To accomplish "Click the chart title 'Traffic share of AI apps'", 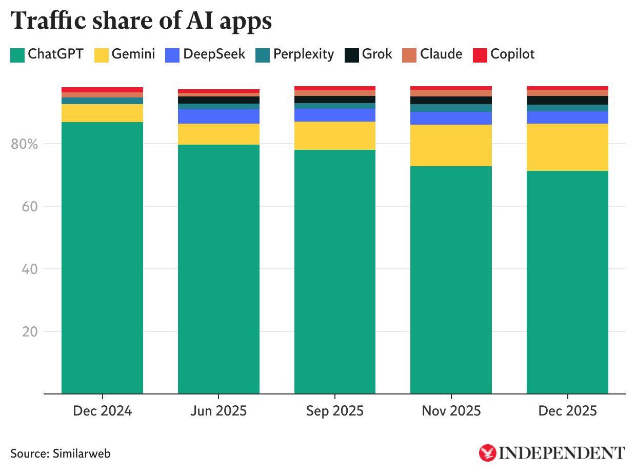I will (141, 22).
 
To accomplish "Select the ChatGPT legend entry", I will (47, 54).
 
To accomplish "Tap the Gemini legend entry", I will (125, 54).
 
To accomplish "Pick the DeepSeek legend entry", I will (205, 54).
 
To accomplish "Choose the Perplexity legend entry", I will (295, 54).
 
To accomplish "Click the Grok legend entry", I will (368, 54).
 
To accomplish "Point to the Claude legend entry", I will (432, 54).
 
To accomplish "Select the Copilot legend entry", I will (504, 54).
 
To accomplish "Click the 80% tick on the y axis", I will (24, 144).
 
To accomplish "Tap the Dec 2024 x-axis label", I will (102, 411).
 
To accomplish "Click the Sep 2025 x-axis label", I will (334, 411).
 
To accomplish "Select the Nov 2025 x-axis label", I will (451, 411).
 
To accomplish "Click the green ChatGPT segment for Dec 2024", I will (102, 256).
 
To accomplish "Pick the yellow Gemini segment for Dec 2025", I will (567, 147).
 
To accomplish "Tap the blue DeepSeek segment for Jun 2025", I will (218, 116).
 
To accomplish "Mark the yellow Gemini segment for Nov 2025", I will (451, 145).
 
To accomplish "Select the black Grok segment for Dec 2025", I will (567, 100).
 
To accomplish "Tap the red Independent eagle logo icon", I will (487, 452).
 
